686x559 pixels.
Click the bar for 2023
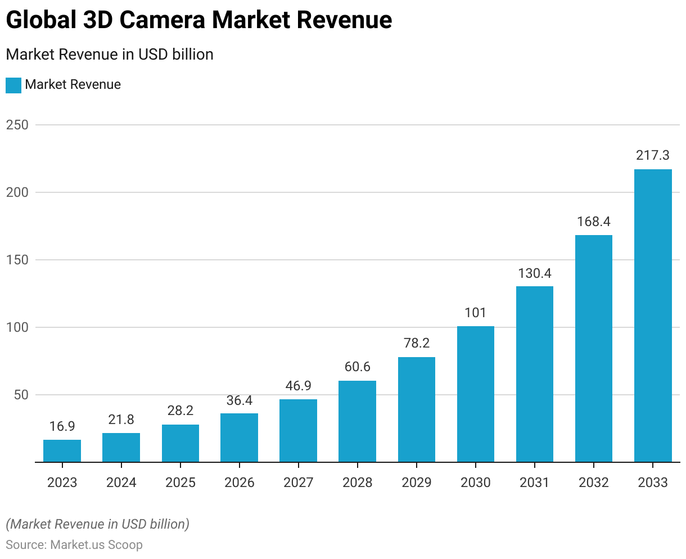[x=62, y=451]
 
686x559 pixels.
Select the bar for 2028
[x=357, y=421]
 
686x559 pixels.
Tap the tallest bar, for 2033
[x=653, y=315]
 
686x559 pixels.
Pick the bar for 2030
[x=476, y=394]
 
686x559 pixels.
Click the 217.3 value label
[x=653, y=155]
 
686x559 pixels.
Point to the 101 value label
[x=476, y=313]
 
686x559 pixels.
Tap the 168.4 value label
[x=594, y=221]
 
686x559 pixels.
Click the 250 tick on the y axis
[x=17, y=125]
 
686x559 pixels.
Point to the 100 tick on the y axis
[x=17, y=327]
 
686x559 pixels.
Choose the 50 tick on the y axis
[x=20, y=395]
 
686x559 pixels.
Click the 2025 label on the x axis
[x=180, y=483]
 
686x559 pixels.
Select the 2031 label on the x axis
[x=535, y=483]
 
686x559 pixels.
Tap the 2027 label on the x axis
[x=298, y=483]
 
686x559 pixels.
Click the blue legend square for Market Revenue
[x=13, y=85]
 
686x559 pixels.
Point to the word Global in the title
[x=40, y=20]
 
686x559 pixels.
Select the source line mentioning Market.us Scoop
[x=74, y=545]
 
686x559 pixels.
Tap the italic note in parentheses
[x=98, y=524]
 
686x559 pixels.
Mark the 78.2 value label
[x=417, y=343]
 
